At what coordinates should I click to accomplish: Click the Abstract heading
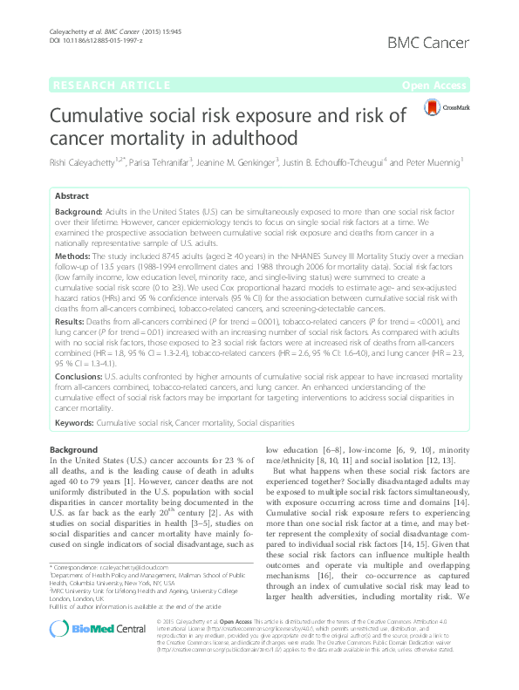pos(72,197)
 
